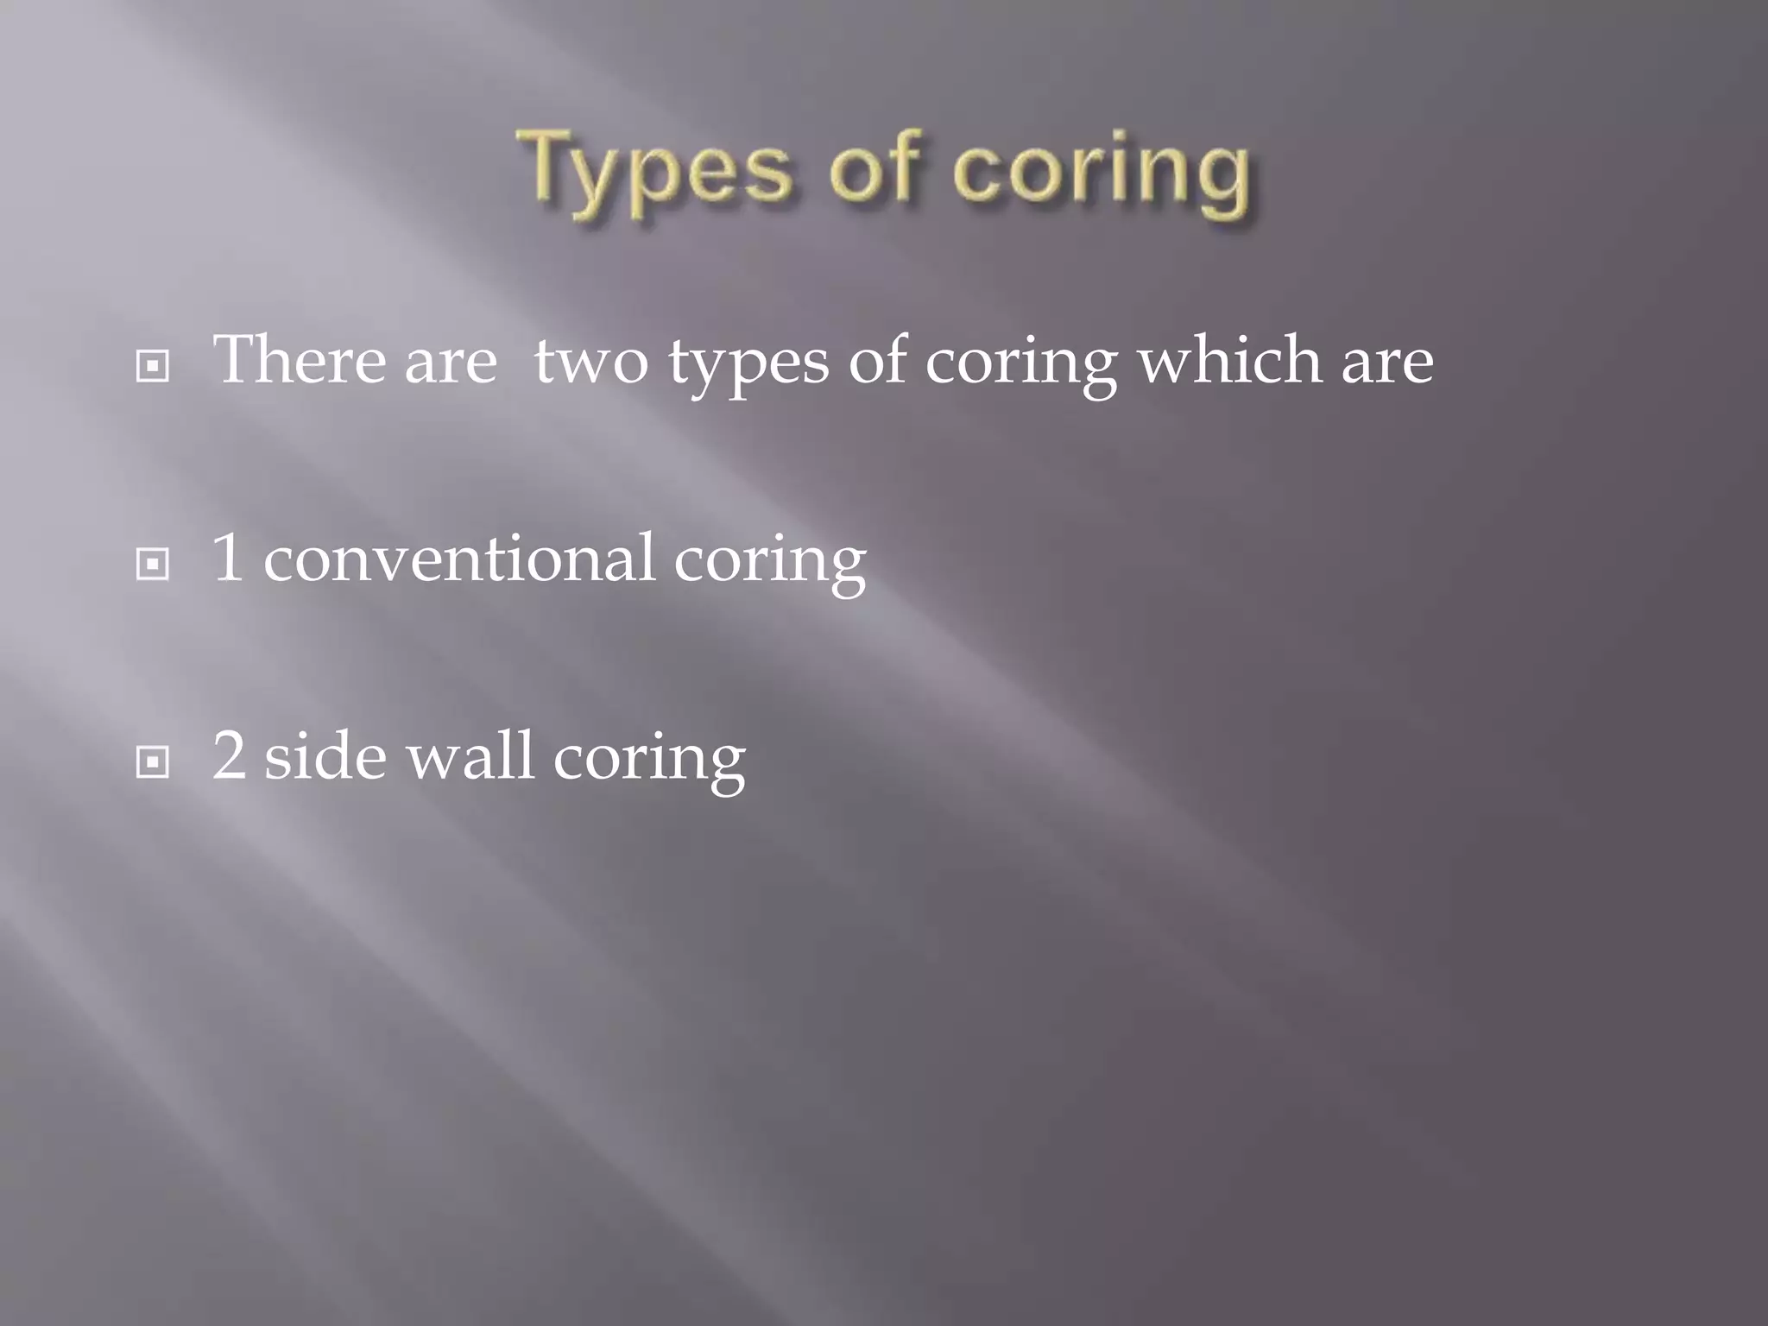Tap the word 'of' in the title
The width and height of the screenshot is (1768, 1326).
pyautogui.click(x=873, y=168)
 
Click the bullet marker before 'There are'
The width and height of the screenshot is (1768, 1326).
pyautogui.click(x=153, y=368)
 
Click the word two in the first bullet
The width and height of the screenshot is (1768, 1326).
pyautogui.click(x=590, y=361)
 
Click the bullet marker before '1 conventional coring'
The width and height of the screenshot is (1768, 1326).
pyautogui.click(x=153, y=565)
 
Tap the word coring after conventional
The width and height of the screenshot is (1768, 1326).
pyautogui.click(x=769, y=562)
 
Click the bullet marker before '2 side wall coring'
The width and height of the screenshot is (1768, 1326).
pyautogui.click(x=153, y=763)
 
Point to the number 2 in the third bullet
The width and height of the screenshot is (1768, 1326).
pyautogui.click(x=229, y=756)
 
